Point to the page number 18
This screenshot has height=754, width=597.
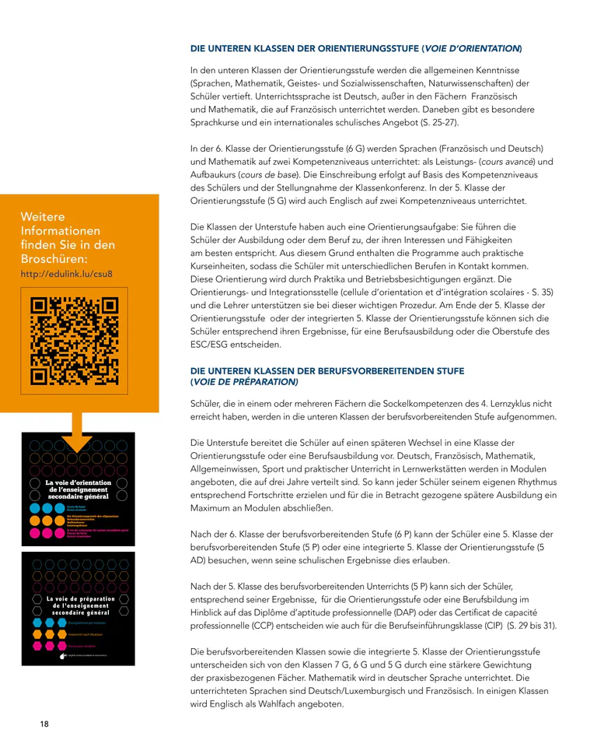click(44, 724)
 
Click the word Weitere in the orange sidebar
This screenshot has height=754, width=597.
click(43, 216)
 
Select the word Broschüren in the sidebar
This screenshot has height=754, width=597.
click(55, 258)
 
